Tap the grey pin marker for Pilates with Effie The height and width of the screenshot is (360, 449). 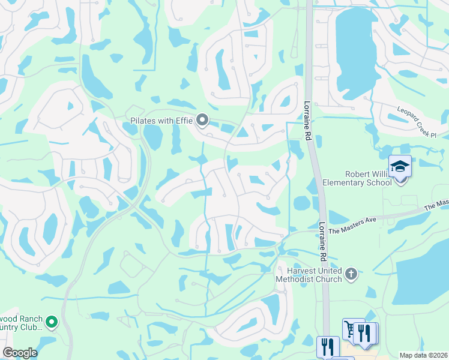pyautogui.click(x=202, y=121)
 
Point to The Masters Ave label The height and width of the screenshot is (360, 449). pyautogui.click(x=352, y=225)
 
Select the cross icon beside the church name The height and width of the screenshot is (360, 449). pyautogui.click(x=351, y=275)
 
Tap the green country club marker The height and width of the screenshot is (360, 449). pyautogui.click(x=52, y=323)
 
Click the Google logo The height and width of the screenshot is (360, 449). pyautogui.click(x=20, y=353)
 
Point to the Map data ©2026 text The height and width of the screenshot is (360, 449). pyautogui.click(x=423, y=355)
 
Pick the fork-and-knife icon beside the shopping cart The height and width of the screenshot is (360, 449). pyautogui.click(x=365, y=334)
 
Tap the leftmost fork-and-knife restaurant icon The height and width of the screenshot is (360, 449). pyautogui.click(x=328, y=347)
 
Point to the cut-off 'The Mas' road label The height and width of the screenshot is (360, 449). pyautogui.click(x=436, y=205)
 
